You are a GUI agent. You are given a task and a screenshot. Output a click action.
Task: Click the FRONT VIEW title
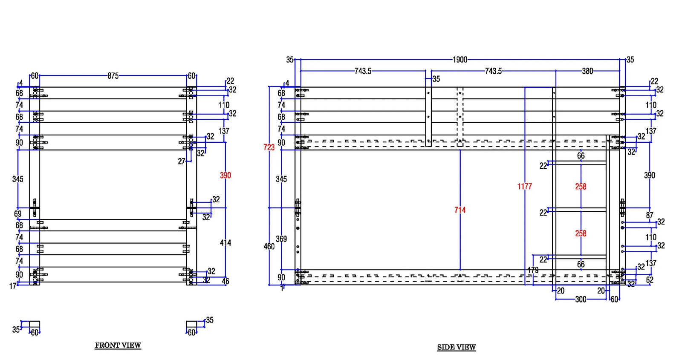click(118, 345)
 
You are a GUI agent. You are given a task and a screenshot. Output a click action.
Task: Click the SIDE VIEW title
click(456, 347)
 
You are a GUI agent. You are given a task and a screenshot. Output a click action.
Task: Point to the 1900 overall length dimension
click(459, 60)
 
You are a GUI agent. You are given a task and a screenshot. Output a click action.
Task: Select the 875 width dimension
click(113, 76)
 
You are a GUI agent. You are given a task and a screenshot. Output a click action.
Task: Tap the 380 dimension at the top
click(587, 71)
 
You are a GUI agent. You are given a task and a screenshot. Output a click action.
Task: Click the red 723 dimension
click(269, 147)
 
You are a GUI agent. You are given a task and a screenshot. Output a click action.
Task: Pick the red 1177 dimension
click(524, 186)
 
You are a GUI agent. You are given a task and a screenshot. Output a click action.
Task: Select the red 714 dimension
click(460, 210)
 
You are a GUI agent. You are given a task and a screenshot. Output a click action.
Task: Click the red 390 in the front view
click(225, 175)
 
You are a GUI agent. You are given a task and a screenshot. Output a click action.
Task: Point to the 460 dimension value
click(269, 246)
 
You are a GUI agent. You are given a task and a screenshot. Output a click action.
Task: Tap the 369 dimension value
click(281, 239)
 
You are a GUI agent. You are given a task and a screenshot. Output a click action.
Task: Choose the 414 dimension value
click(225, 243)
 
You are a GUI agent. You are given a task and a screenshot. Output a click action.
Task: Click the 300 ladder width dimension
click(581, 300)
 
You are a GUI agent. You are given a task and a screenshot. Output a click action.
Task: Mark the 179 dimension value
click(533, 270)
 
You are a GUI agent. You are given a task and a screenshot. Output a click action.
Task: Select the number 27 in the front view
click(182, 161)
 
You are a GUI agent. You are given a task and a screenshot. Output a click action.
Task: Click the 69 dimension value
click(17, 214)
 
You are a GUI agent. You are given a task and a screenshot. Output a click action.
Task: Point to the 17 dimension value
click(13, 286)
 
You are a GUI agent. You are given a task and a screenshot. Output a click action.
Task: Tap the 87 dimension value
click(650, 215)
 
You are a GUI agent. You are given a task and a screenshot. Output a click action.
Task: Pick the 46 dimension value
click(225, 281)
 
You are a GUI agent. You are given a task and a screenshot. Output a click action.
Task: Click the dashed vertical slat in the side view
click(460, 117)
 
